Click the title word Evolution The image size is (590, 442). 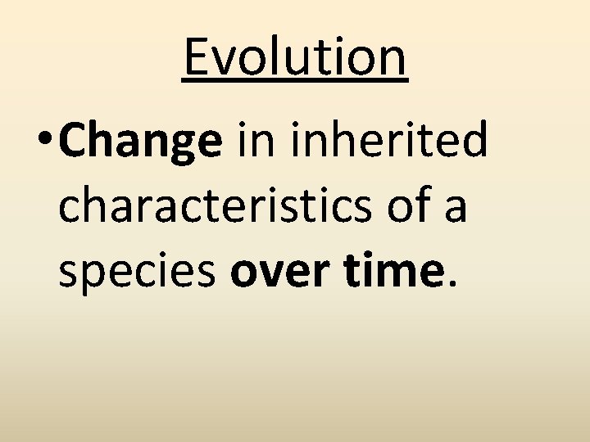295,57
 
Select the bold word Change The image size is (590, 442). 140,140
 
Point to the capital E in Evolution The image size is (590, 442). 196,57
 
